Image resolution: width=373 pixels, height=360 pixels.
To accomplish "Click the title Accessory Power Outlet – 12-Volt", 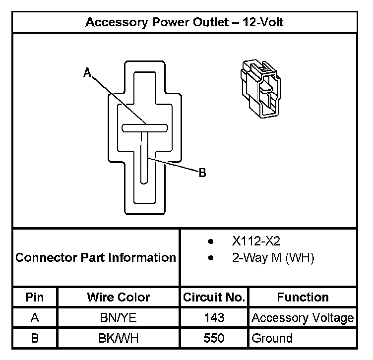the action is (x=185, y=22).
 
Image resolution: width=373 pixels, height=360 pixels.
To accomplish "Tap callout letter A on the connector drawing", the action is (x=87, y=73).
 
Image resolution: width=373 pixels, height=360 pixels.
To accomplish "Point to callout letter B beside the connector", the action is (x=202, y=173).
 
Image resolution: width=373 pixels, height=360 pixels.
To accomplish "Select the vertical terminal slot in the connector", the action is (x=144, y=159).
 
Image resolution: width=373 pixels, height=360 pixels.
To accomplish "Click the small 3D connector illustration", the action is (x=259, y=87).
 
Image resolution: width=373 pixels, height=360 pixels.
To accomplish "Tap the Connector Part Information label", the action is (x=96, y=258).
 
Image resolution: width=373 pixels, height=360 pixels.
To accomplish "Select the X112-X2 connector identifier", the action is (x=256, y=241).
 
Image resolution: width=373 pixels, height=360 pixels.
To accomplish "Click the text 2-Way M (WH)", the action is (x=273, y=258).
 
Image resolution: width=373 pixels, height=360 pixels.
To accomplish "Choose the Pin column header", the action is (x=35, y=297).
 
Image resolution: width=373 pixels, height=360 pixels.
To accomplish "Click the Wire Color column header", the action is (x=119, y=297).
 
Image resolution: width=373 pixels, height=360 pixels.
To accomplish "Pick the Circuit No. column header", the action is (x=214, y=298).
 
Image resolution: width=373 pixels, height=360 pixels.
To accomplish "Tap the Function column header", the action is (x=303, y=297).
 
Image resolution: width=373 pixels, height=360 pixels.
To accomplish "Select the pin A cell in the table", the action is (x=35, y=318).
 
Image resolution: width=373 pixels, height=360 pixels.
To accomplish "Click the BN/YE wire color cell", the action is (x=119, y=318).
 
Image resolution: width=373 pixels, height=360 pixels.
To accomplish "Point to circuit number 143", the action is (x=214, y=318).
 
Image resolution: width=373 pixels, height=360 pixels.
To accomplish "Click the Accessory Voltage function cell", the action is (x=303, y=318).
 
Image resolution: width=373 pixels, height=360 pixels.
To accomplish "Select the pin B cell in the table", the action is (x=35, y=339).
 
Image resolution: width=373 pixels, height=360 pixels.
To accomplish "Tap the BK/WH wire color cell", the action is (x=119, y=339).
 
